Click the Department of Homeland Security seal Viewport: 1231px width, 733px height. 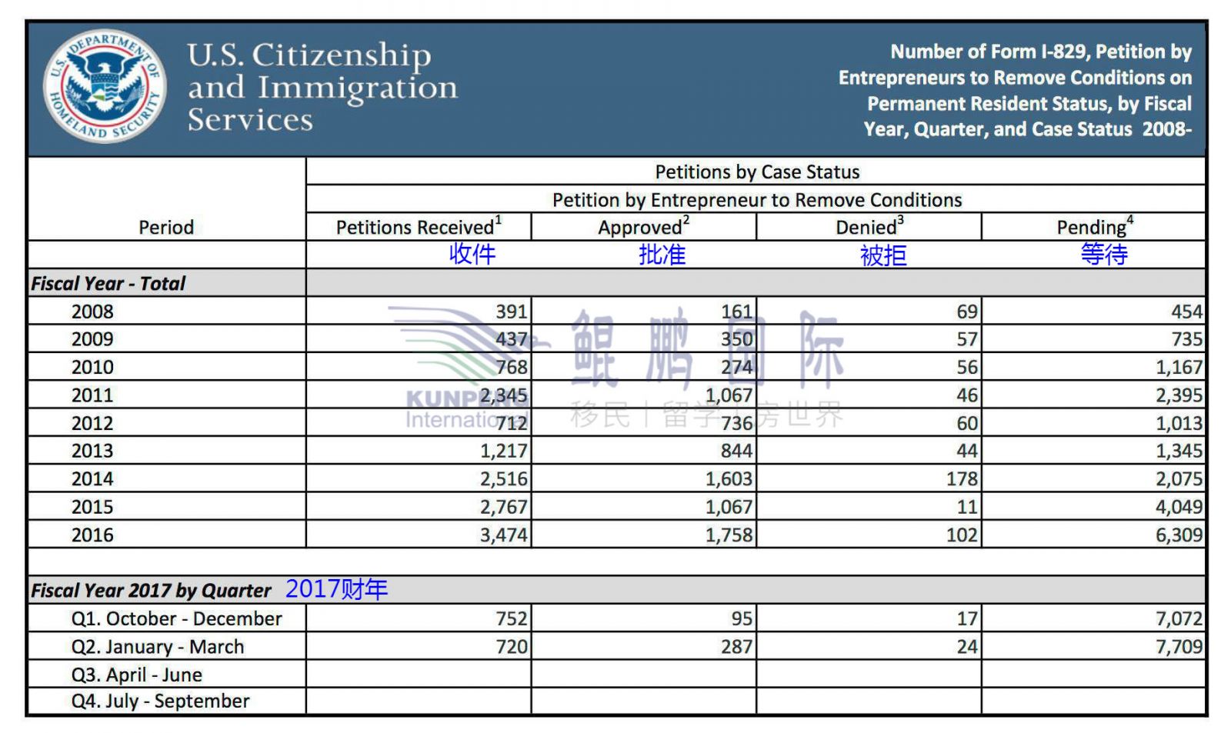(x=105, y=86)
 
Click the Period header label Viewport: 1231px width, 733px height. (x=166, y=227)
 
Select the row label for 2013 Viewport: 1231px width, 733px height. (x=92, y=451)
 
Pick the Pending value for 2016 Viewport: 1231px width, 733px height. (x=1179, y=535)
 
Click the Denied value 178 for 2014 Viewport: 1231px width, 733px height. (x=962, y=478)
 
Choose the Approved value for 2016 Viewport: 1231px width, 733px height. (x=729, y=535)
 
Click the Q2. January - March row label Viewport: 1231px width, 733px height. (x=158, y=647)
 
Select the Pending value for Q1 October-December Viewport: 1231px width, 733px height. (x=1179, y=618)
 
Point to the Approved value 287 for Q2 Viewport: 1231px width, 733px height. (x=736, y=647)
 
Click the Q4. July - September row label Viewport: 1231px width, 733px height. (x=160, y=701)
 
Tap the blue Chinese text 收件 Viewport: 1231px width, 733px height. (x=472, y=255)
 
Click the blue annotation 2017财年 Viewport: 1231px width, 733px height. (x=336, y=589)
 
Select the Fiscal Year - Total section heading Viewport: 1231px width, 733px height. (x=108, y=283)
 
